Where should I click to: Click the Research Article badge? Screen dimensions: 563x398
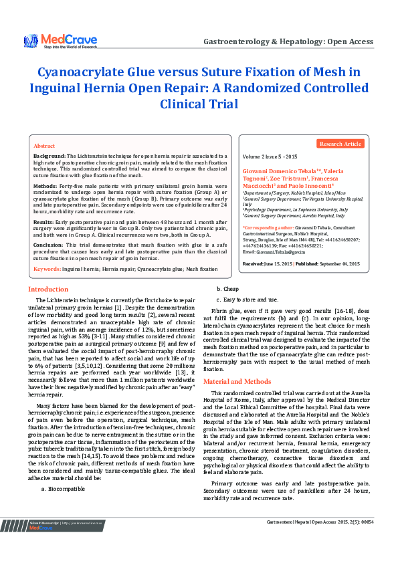(x=340, y=144)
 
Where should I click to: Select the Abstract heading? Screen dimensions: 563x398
(x=44, y=145)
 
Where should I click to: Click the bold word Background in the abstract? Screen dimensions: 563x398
(x=49, y=155)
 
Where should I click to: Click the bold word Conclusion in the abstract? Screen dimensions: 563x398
(x=48, y=245)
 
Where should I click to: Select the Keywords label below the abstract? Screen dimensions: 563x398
(x=47, y=269)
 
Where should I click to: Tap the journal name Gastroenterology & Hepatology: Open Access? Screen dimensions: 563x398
(x=288, y=41)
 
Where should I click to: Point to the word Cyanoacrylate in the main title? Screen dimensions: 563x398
(x=90, y=72)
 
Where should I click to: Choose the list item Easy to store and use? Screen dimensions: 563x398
(x=251, y=300)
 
